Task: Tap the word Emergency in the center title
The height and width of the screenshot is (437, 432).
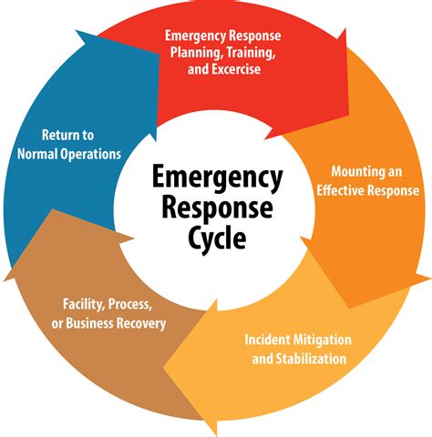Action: click(215, 176)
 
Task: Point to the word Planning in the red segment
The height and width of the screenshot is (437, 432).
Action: click(195, 52)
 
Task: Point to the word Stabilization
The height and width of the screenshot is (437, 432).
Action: click(305, 358)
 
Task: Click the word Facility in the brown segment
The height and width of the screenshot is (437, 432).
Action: click(85, 304)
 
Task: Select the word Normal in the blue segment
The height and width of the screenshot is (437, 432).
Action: click(41, 154)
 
